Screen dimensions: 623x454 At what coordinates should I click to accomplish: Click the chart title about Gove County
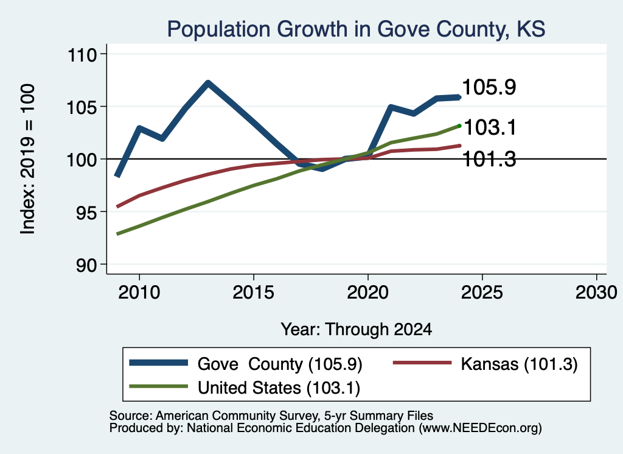[356, 29]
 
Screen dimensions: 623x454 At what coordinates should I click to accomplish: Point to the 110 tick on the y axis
[83, 54]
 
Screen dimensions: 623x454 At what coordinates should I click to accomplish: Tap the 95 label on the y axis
[86, 212]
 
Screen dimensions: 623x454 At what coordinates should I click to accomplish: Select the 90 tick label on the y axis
[86, 265]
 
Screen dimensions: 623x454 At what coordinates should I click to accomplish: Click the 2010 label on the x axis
[139, 293]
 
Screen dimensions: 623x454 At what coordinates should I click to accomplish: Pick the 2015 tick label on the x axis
[254, 293]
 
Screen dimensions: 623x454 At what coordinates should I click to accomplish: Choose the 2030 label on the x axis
[596, 293]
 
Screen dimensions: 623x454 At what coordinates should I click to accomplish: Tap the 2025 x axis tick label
[482, 293]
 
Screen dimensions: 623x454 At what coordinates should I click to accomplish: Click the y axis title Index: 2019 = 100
[28, 159]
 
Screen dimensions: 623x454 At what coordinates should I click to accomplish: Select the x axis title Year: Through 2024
[357, 330]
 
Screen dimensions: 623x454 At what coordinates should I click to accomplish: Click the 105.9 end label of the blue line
[489, 87]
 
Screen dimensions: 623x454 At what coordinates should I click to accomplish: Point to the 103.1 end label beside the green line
[490, 128]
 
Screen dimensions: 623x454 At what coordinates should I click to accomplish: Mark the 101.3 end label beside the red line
[490, 159]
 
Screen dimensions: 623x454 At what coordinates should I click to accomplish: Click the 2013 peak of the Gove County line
[208, 83]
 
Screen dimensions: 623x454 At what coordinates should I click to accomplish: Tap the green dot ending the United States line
[460, 126]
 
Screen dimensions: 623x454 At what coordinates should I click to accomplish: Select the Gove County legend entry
[246, 364]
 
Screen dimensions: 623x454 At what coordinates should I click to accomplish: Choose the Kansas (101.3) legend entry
[485, 364]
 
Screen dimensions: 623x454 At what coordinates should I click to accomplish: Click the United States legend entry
[245, 388]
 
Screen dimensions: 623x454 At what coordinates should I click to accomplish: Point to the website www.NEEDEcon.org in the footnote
[479, 428]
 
